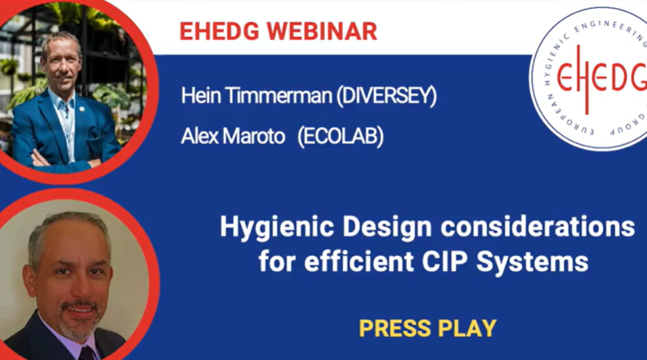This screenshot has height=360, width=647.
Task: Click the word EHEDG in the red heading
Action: click(219, 31)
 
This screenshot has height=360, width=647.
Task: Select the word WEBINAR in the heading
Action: click(322, 31)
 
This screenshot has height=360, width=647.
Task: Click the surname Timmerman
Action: click(278, 95)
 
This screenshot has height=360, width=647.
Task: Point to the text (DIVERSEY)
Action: click(386, 96)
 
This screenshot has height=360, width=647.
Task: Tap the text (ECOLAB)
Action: click(340, 137)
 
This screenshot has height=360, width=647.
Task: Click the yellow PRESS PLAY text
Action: click(428, 329)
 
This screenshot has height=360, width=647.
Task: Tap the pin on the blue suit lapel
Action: click(81, 109)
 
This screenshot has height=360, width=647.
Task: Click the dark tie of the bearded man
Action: click(87, 353)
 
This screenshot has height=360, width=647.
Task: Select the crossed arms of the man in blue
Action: click(62, 159)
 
